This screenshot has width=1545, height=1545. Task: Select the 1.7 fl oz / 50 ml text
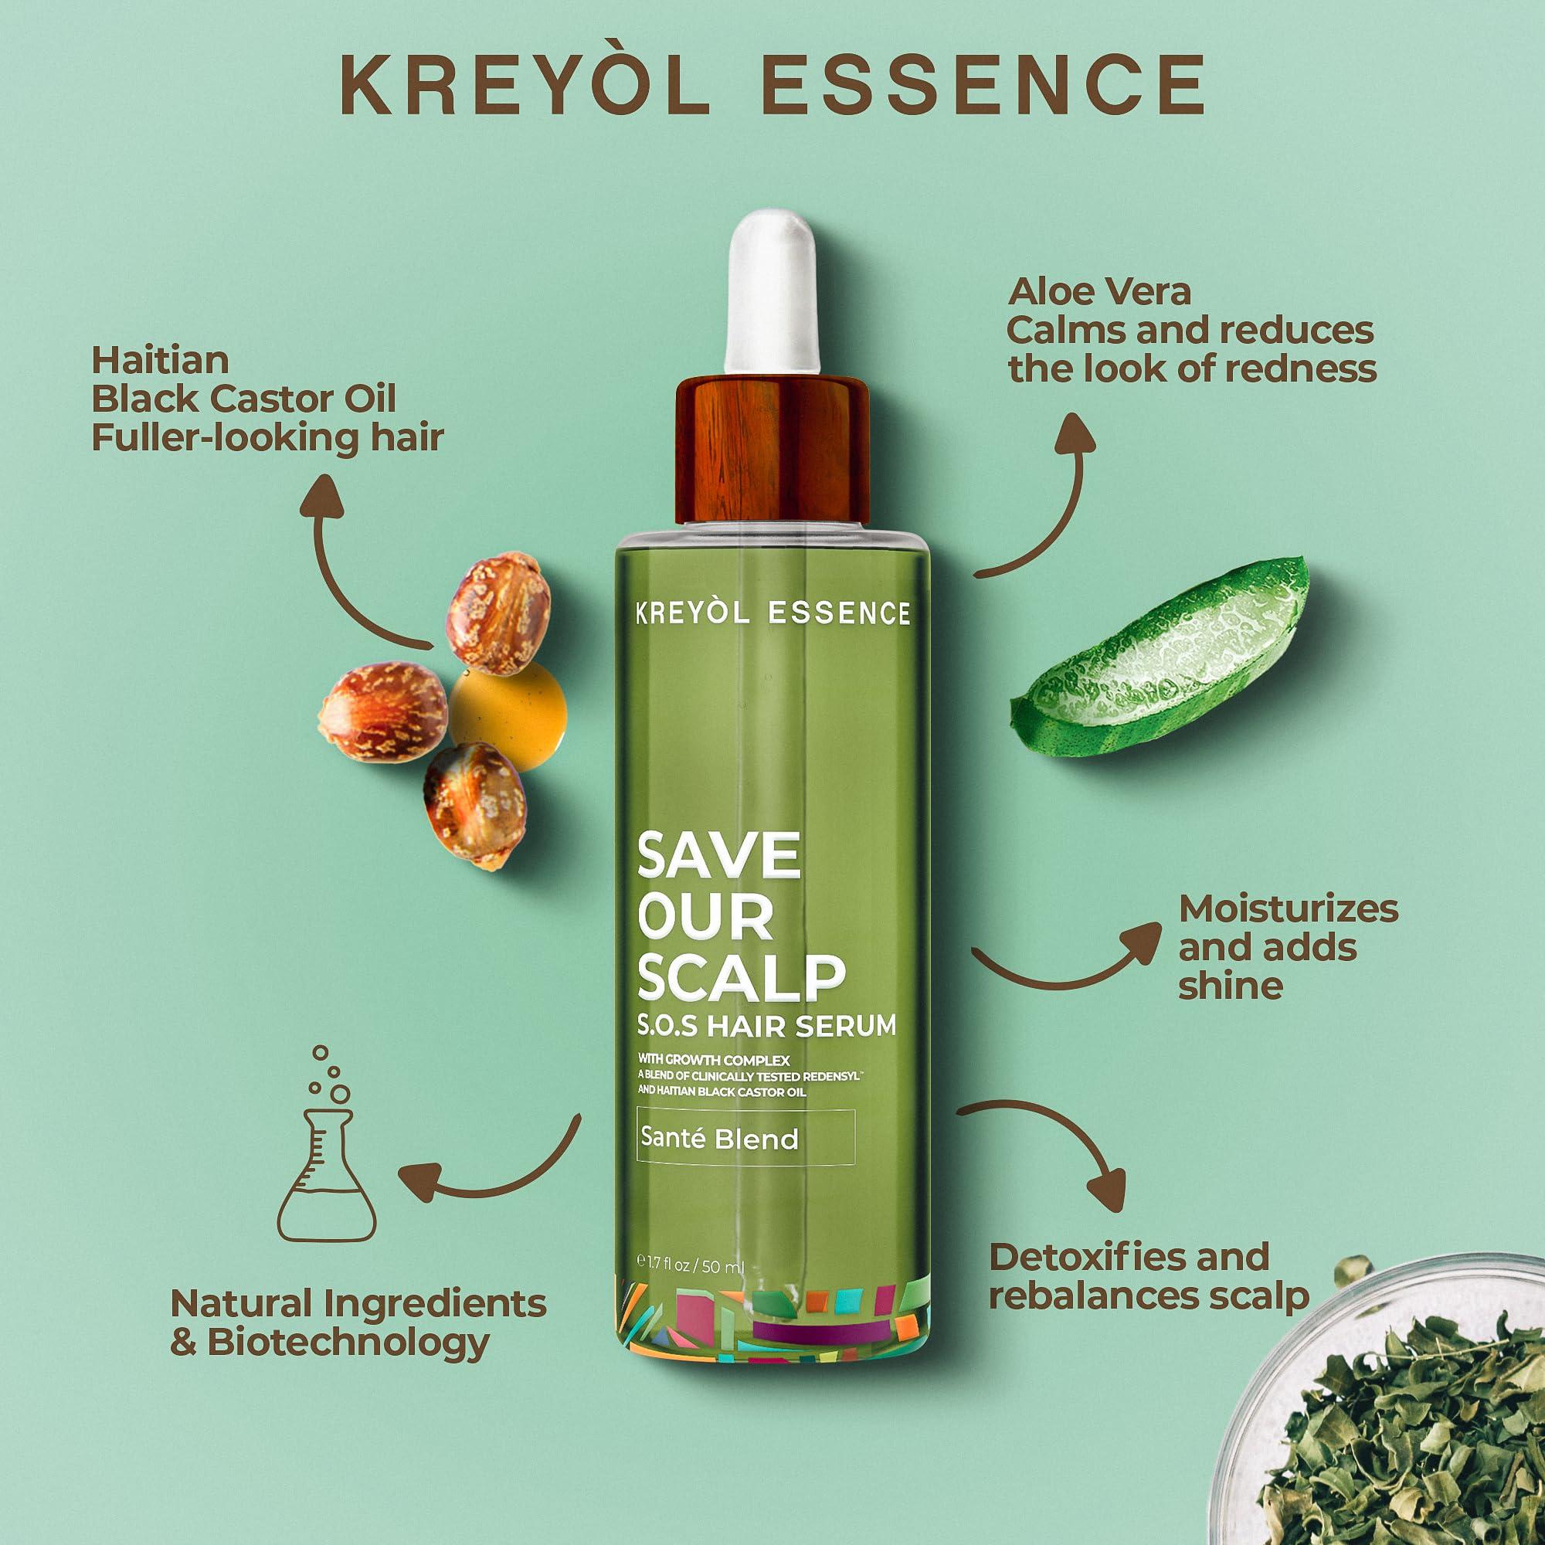click(x=692, y=1289)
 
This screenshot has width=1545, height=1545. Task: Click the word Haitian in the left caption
click(x=160, y=361)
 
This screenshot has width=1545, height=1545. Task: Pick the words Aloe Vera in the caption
click(x=1099, y=292)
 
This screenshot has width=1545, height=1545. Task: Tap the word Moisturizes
click(x=1289, y=909)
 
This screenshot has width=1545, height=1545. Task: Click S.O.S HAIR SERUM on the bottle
click(x=766, y=1026)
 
